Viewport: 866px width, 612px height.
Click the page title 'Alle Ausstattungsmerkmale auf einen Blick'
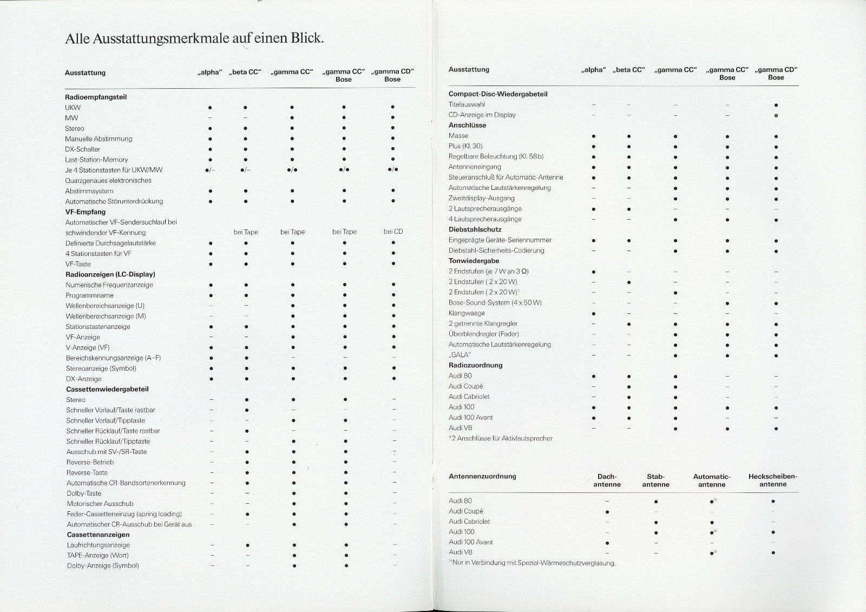click(194, 39)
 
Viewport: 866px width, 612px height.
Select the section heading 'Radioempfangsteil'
click(96, 97)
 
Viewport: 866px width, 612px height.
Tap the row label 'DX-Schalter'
click(83, 149)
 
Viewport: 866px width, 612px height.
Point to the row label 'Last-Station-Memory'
click(97, 160)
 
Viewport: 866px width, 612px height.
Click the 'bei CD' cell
click(393, 232)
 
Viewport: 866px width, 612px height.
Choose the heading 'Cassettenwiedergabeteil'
click(107, 389)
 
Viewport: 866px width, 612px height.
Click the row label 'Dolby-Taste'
click(84, 493)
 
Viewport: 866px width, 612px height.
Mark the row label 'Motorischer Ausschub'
click(100, 504)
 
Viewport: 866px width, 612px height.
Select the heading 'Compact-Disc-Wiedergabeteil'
click(498, 94)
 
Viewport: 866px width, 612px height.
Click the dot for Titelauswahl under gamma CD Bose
click(776, 104)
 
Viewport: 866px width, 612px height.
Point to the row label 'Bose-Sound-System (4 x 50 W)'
click(495, 303)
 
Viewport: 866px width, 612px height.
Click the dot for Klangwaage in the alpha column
click(594, 313)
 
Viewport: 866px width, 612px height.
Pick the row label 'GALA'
click(460, 355)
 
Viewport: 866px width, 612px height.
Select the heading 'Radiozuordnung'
click(475, 365)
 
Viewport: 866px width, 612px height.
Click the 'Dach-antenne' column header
click(607, 481)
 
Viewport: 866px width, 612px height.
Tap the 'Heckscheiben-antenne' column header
click(772, 481)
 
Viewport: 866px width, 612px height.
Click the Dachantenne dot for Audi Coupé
click(607, 511)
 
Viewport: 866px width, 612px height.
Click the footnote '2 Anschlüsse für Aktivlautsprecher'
click(501, 438)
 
